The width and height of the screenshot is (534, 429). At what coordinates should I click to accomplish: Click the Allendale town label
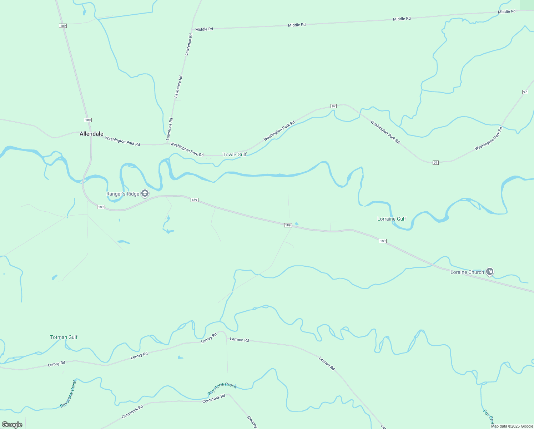(91, 134)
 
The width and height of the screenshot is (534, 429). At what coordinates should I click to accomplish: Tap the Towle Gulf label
(235, 154)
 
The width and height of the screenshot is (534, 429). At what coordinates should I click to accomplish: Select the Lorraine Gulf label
(392, 219)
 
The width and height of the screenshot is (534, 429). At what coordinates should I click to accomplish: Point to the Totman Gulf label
(64, 337)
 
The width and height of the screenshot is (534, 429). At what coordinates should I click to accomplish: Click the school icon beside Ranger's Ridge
(145, 194)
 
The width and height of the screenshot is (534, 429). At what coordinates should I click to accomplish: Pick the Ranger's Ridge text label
(123, 194)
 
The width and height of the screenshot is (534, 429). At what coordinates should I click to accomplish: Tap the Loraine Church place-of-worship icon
(490, 272)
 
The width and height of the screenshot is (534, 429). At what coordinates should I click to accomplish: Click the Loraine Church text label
(467, 272)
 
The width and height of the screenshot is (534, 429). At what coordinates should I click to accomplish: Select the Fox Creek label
(488, 415)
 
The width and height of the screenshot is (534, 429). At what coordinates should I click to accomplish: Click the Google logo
(12, 425)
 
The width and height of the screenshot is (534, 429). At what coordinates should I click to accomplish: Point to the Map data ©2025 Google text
(512, 426)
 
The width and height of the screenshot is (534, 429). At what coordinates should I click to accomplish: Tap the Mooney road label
(252, 422)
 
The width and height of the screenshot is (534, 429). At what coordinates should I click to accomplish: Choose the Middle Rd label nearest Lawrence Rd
(204, 29)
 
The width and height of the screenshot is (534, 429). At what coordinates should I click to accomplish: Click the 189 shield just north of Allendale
(88, 120)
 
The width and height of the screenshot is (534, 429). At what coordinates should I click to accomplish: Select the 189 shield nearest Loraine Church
(383, 241)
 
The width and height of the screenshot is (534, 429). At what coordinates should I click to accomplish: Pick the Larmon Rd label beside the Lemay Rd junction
(240, 340)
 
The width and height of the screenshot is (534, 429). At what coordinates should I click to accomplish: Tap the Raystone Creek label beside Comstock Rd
(222, 389)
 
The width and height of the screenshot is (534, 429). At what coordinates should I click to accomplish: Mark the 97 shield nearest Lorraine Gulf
(435, 163)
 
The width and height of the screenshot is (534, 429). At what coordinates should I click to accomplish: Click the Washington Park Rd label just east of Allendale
(122, 141)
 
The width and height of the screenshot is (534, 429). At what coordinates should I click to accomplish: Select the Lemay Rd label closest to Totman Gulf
(57, 364)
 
